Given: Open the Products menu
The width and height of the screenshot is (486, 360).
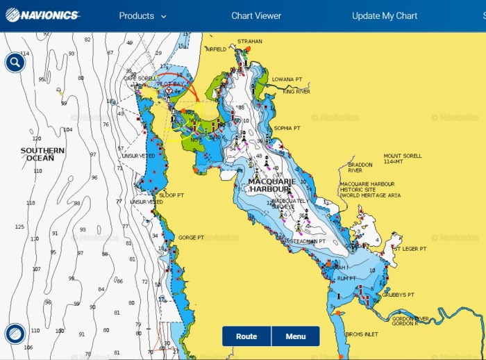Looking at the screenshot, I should tap(142, 16).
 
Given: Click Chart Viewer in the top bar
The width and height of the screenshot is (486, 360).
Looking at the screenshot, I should tap(256, 16).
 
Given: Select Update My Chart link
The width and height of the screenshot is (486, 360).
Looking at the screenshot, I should tap(385, 16).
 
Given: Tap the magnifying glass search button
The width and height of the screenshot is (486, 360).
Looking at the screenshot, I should tap(15, 63).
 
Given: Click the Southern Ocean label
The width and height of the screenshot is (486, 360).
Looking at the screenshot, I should tap(42, 154).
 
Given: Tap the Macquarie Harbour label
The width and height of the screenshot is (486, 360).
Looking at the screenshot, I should tap(272, 186).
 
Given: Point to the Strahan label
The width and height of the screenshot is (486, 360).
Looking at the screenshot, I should tap(250, 42).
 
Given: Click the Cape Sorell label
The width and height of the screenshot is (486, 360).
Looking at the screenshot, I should tap(140, 79).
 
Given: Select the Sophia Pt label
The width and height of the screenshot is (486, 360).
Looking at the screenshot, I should tap(287, 129).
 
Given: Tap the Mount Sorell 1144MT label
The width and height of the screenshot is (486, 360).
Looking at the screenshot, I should tap(403, 159).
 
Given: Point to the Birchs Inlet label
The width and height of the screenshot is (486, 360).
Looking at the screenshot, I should tap(362, 334).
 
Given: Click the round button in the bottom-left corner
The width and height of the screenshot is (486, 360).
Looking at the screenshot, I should tap(15, 334).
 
